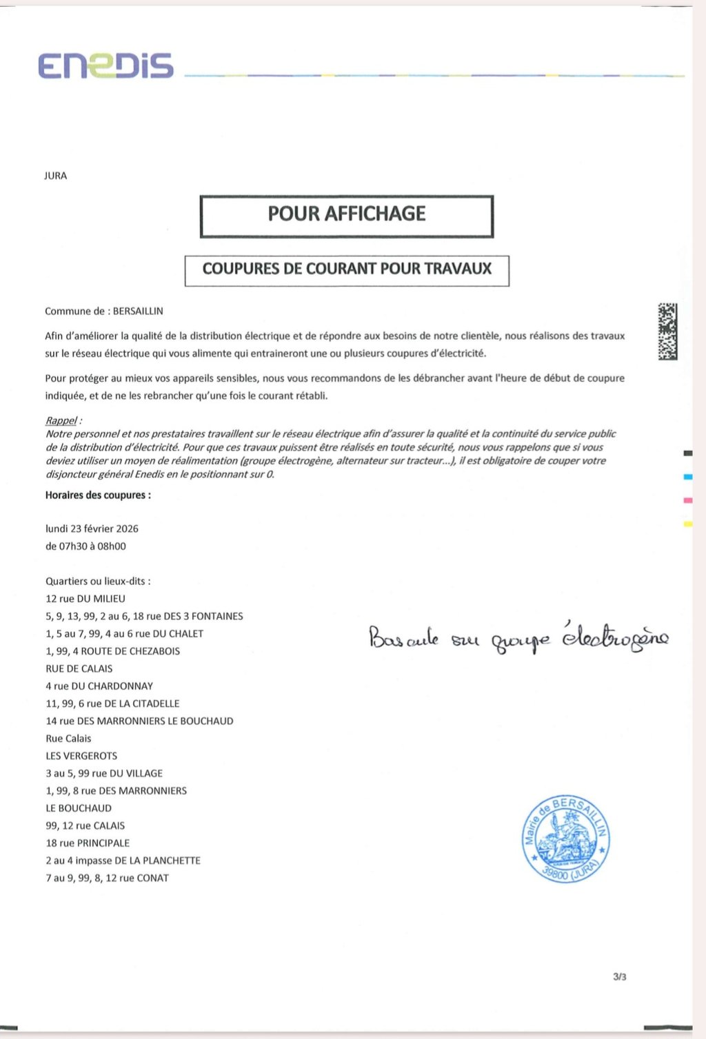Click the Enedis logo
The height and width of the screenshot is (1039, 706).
[x=105, y=65]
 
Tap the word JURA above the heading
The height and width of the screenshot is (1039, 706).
[x=56, y=176]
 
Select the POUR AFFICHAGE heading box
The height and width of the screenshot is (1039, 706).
[x=347, y=216]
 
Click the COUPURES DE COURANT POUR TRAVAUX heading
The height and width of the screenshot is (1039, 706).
[x=347, y=269]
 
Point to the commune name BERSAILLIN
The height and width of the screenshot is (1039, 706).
[x=138, y=311]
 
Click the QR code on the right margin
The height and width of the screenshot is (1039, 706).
[x=667, y=331]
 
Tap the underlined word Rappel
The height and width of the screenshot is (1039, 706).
[x=61, y=420]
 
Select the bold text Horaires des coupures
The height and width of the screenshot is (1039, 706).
[x=98, y=495]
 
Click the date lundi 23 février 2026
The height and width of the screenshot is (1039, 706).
[x=92, y=528]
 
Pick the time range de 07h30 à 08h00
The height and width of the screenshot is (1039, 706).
[x=85, y=546]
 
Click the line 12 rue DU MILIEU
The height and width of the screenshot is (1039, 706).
[x=85, y=599]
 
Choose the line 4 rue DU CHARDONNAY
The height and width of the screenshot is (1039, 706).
[x=99, y=686]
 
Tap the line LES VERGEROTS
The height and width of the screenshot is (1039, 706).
[x=81, y=756]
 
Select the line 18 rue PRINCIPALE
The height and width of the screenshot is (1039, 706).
[x=88, y=843]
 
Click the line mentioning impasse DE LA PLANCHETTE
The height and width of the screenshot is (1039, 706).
[x=123, y=861]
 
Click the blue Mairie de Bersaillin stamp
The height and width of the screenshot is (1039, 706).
[x=565, y=839]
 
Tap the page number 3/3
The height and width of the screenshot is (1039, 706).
[x=619, y=977]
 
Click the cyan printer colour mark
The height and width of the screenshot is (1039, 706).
[x=687, y=477]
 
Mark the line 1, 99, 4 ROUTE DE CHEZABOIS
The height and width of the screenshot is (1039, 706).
[x=112, y=651]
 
